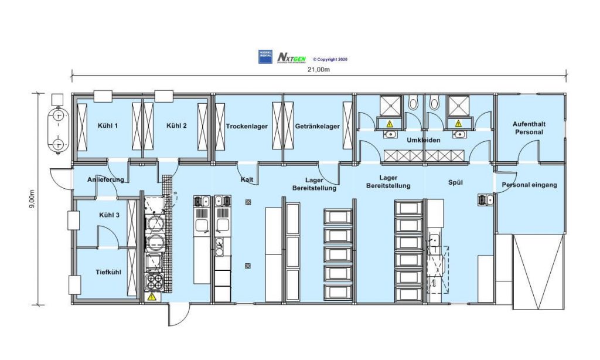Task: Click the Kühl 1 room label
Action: click(108, 125)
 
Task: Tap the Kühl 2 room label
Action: click(176, 125)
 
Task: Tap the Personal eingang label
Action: click(529, 185)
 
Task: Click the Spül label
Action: click(456, 183)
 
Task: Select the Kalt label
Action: click(247, 180)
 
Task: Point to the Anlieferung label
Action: click(105, 179)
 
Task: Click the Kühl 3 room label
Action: click(109, 215)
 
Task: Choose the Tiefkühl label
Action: click(110, 272)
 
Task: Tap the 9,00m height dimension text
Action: click(32, 200)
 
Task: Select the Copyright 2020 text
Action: click(330, 59)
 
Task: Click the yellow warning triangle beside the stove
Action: click(152, 297)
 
